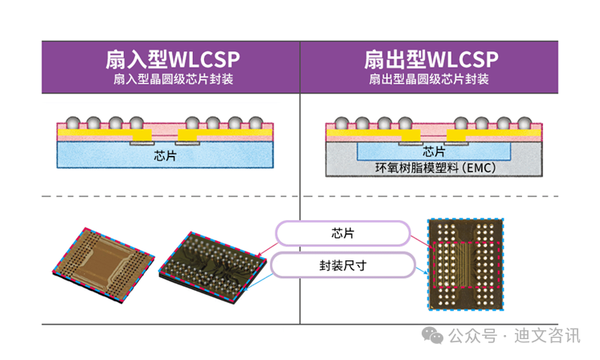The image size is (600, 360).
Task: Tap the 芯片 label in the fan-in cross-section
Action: [x=165, y=156]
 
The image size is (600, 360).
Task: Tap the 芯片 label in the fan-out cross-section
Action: [x=434, y=152]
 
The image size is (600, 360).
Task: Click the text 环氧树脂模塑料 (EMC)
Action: [x=433, y=169]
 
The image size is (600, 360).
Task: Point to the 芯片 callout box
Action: [x=341, y=233]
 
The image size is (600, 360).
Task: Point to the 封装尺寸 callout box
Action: [x=341, y=264]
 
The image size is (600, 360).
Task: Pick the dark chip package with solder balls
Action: [x=212, y=261]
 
